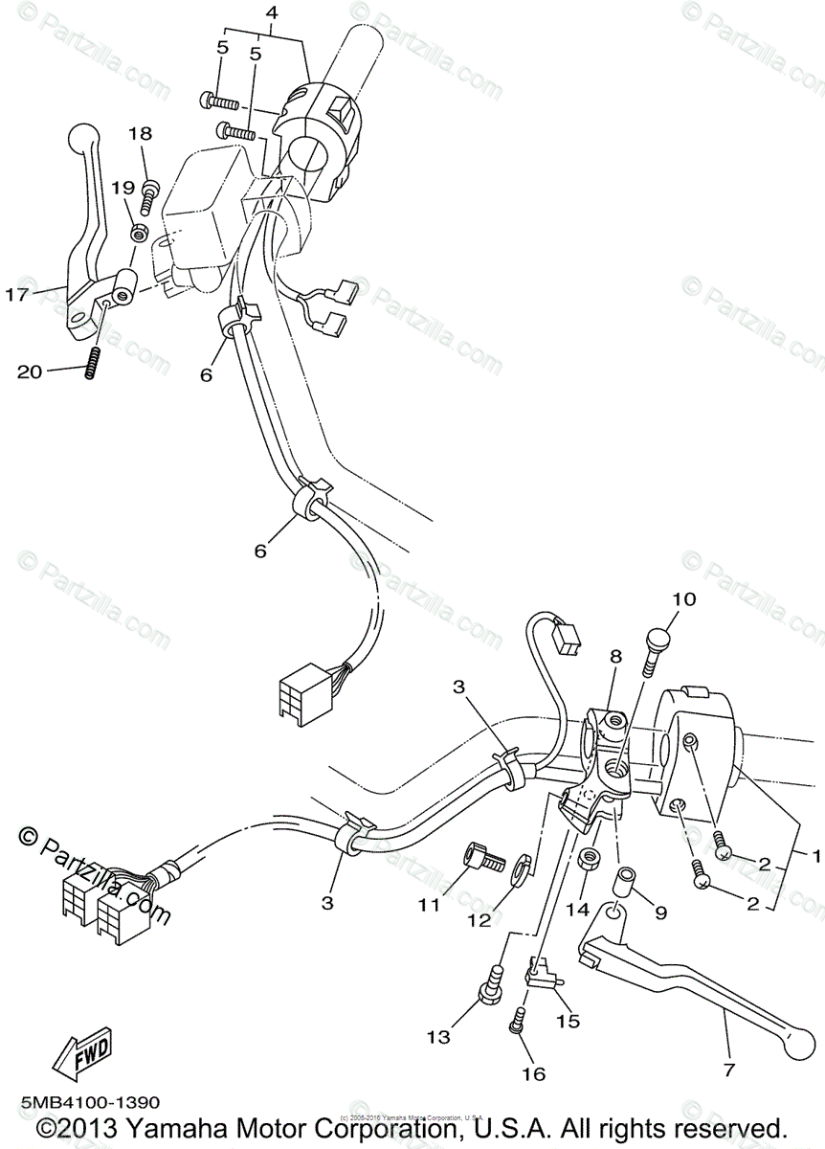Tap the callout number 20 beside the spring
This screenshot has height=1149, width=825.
tap(31, 372)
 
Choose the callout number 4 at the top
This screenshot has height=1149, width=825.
tap(272, 13)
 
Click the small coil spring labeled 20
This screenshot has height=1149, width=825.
tap(92, 363)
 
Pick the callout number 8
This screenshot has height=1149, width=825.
tap(614, 657)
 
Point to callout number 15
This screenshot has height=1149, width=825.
tap(569, 1022)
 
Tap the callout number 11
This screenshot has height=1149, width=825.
tap(428, 903)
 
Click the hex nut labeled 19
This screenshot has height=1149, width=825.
tap(140, 232)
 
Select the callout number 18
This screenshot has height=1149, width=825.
tap(141, 134)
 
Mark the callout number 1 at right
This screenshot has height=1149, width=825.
tap(815, 853)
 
